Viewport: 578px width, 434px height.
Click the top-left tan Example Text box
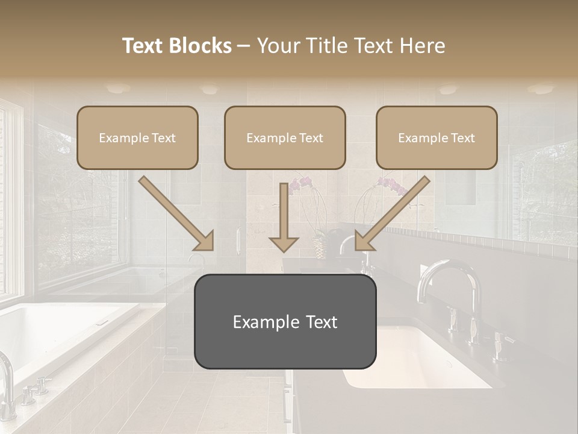(x=137, y=137)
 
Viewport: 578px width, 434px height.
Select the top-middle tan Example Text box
(x=285, y=137)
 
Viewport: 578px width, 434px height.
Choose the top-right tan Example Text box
(x=437, y=137)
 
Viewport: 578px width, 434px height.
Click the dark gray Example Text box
(x=285, y=321)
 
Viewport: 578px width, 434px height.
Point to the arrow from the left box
(x=176, y=213)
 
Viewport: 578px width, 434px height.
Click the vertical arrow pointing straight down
(x=284, y=217)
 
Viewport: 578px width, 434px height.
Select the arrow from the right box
(x=393, y=213)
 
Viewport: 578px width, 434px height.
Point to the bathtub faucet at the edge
(x=7, y=380)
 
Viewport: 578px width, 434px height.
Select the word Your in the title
(x=278, y=46)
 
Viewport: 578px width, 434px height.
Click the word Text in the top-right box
(x=462, y=137)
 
